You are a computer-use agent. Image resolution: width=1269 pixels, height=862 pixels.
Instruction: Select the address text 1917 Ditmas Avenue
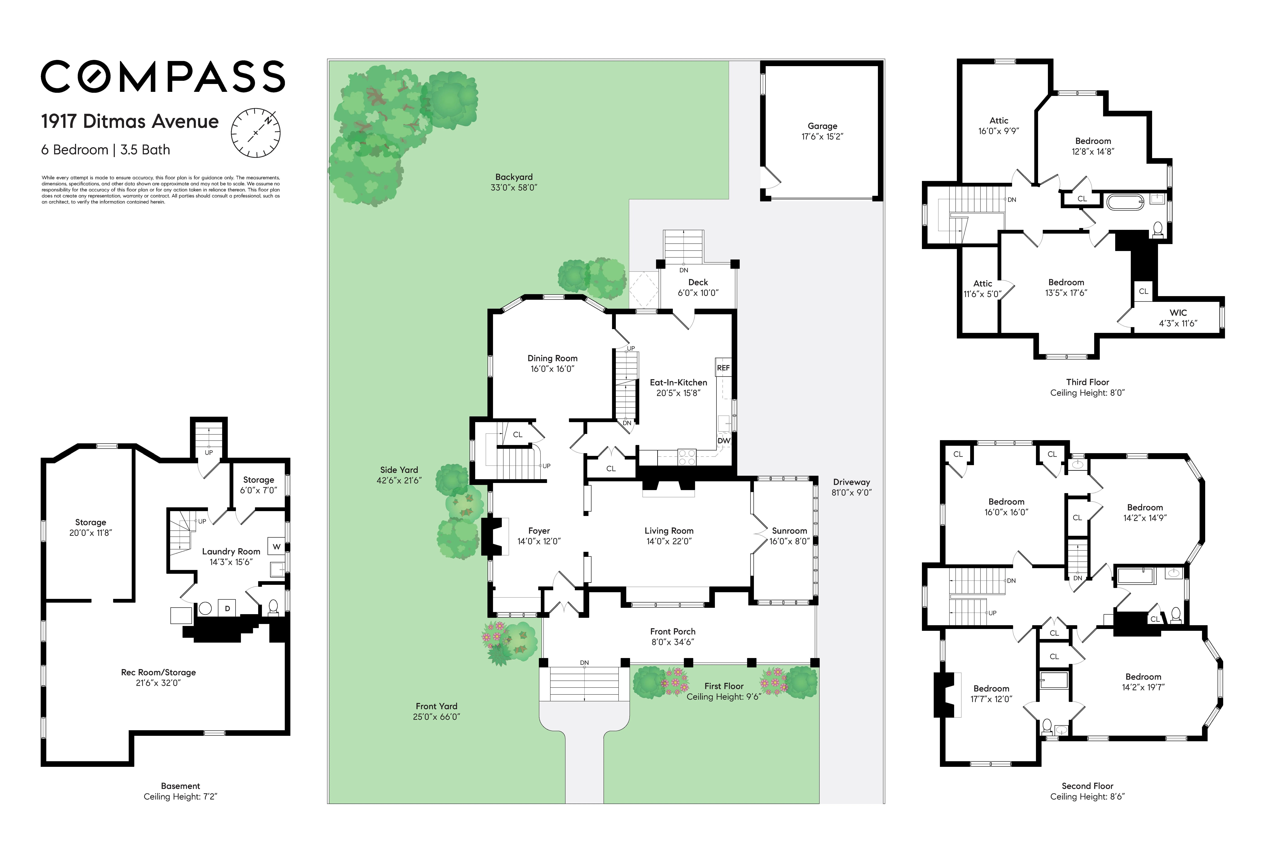(x=130, y=121)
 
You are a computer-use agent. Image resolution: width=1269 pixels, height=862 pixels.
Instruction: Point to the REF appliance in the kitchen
(x=723, y=368)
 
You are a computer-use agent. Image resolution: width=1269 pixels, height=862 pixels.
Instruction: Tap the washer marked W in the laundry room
(x=276, y=546)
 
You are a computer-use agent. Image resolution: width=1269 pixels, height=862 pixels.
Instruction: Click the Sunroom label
(x=789, y=530)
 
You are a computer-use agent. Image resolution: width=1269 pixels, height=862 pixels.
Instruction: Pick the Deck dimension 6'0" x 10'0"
(x=698, y=293)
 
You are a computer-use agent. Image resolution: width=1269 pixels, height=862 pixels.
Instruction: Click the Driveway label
(x=851, y=482)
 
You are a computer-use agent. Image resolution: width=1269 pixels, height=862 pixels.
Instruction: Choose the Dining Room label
(x=552, y=358)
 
